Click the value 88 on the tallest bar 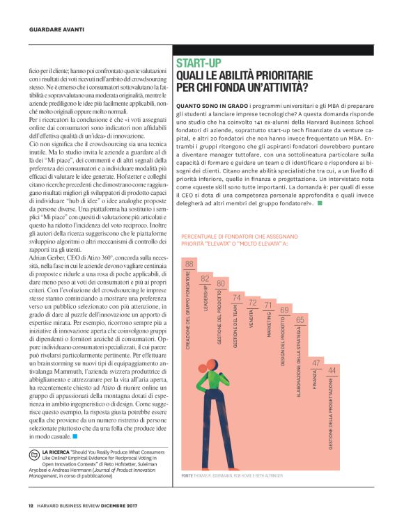point(189,264)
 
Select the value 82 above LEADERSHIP point(205,278)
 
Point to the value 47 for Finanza point(316,363)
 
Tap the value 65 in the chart point(300,319)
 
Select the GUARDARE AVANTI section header point(56,29)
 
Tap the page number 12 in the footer point(31,506)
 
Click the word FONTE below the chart point(187,475)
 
